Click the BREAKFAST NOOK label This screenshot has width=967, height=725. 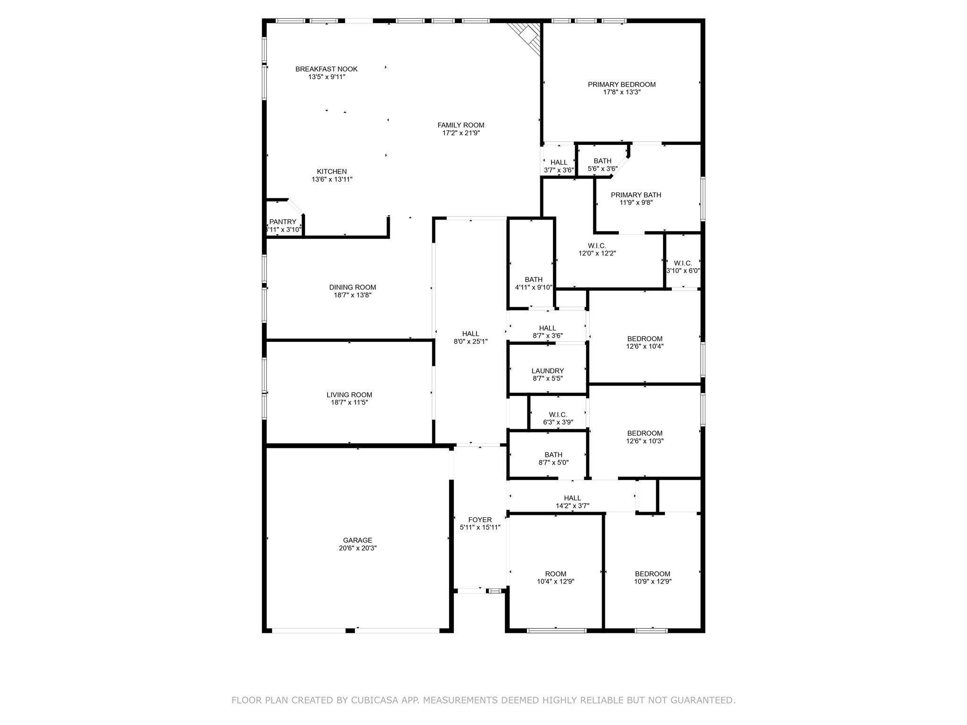pyautogui.click(x=326, y=69)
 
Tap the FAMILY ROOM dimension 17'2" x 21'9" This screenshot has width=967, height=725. pyautogui.click(x=461, y=133)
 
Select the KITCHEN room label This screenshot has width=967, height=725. pyautogui.click(x=331, y=171)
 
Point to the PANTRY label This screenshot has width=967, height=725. pyautogui.click(x=283, y=222)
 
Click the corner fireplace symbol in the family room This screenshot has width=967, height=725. pyautogui.click(x=527, y=37)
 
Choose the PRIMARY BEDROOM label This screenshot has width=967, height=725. pyautogui.click(x=621, y=84)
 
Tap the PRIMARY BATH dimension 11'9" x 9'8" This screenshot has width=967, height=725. pyautogui.click(x=636, y=202)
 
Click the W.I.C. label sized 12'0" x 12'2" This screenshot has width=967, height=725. pyautogui.click(x=597, y=245)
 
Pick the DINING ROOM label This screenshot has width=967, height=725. pyautogui.click(x=352, y=287)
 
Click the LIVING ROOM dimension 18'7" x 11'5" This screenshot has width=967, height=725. pyautogui.click(x=349, y=403)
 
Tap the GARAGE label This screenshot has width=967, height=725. pyautogui.click(x=357, y=540)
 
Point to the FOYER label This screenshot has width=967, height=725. pyautogui.click(x=480, y=520)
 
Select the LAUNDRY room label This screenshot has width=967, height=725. pyautogui.click(x=547, y=371)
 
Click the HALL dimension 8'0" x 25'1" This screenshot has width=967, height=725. pyautogui.click(x=470, y=341)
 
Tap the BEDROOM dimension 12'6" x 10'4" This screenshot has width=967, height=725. pyautogui.click(x=645, y=346)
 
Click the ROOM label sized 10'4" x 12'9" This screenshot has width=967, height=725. pyautogui.click(x=555, y=574)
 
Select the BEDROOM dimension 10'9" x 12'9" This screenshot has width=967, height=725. pyautogui.click(x=653, y=582)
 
